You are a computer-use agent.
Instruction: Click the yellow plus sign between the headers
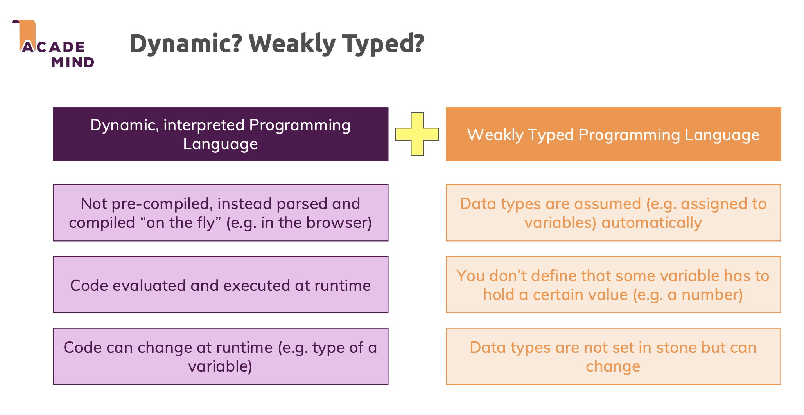417,134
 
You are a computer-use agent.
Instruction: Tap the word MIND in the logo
73,62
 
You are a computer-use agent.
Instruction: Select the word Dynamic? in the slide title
186,43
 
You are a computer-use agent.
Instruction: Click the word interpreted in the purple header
204,125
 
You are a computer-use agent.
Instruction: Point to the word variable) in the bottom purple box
220,366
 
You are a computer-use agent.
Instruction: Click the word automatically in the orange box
651,223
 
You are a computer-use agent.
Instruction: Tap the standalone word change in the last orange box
613,366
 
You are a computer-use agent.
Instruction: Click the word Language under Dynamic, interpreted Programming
221,144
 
